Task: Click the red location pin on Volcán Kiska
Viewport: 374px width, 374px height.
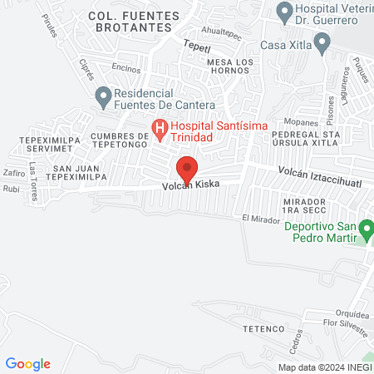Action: coord(187,169)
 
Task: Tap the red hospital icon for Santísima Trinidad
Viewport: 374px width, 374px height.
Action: coord(158,128)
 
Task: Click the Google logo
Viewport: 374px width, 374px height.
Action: coord(28,364)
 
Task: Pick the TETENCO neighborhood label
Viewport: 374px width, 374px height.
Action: coord(258,329)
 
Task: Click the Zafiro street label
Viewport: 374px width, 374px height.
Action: coord(14,173)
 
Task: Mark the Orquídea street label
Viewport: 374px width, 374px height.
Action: coord(350,315)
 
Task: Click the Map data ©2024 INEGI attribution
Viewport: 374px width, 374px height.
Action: coord(325,367)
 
